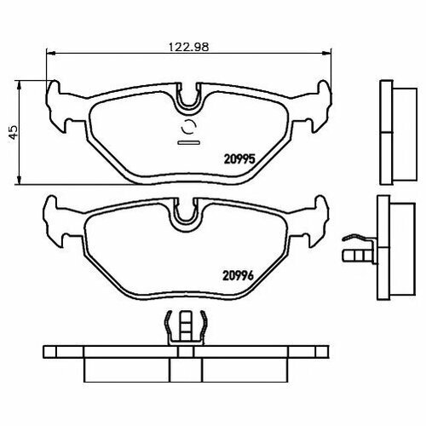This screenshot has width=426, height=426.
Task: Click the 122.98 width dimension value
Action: point(189,47)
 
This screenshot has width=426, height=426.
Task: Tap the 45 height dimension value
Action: point(14,132)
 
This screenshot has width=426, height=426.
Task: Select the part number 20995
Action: point(239,159)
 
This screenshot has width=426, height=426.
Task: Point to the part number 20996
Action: point(238,275)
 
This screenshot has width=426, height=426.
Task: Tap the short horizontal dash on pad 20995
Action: point(189,142)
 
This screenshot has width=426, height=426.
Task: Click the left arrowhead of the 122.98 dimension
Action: point(50,53)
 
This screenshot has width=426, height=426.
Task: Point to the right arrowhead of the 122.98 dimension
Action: point(326,53)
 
